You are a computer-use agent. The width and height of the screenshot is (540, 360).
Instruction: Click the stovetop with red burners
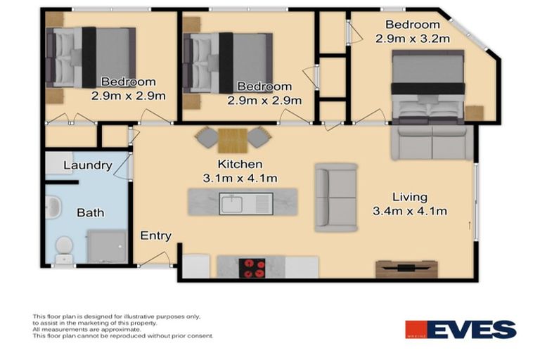253,268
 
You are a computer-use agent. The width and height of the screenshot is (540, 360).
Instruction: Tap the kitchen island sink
231,205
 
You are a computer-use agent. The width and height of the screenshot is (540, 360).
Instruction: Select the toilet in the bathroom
64,247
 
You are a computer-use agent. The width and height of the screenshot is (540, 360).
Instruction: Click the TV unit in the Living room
406,269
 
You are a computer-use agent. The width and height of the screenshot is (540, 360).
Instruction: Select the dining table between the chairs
232,140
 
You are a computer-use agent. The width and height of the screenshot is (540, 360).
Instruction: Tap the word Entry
155,236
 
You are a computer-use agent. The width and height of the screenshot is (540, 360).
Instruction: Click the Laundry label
87,166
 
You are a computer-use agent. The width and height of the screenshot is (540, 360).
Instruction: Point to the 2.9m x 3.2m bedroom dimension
412,39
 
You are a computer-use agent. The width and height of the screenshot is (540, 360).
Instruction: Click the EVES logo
461,330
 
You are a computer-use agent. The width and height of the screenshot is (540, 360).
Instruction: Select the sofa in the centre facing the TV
335,198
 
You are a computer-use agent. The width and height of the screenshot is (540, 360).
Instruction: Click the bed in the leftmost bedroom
90,56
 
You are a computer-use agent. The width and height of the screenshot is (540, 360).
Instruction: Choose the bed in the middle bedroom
227,63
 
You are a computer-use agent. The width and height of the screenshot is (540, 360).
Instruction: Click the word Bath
90,212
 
